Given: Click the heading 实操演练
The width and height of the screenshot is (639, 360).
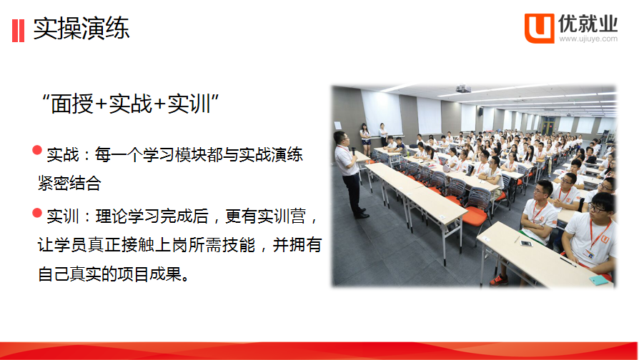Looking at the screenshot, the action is coord(81,29).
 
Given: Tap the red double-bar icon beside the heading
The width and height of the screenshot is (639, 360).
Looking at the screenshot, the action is coord(19,31).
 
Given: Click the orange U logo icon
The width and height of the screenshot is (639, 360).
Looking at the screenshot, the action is coord(539,28).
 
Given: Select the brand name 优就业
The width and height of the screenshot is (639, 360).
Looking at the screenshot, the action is coord(588,24).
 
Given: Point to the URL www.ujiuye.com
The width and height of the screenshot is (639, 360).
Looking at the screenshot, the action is coord(588,39).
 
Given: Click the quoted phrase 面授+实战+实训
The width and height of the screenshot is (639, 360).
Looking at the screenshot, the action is coord(130,104).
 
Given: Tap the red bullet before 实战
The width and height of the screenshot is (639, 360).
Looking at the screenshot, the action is coord(37,150).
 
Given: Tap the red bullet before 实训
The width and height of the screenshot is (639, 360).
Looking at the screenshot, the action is coord(37,213).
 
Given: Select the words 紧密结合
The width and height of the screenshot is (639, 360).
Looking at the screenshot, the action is coord(69,184).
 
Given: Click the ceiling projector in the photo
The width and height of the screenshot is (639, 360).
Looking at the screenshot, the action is coord(463,89).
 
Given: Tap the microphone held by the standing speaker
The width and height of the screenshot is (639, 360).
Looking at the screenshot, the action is coord(353,151).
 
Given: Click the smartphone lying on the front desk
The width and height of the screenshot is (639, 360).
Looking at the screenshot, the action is coord(525,244).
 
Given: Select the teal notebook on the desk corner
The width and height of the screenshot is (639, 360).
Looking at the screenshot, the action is coord(598,280).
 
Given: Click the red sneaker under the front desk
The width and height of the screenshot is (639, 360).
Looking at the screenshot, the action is coord(499,280).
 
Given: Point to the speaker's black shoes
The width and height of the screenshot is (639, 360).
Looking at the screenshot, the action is coord(361,214).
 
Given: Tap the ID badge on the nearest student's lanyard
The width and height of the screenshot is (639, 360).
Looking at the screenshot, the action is coord(589,254).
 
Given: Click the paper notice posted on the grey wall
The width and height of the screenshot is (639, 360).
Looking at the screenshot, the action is coord(338,126).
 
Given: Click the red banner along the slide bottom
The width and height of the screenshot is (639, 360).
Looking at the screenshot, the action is coord(319,351).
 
